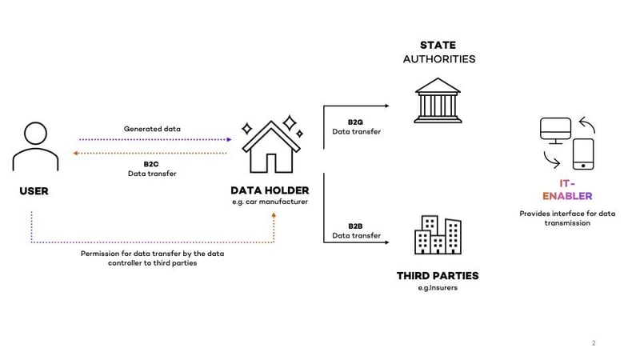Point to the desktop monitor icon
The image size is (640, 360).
coord(554,130)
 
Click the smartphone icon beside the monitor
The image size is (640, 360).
coord(585,154)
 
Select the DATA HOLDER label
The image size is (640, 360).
coord(270,190)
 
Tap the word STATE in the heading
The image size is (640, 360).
coord(438,45)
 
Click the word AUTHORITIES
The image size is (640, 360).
coord(438,59)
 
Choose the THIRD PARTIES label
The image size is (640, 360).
coord(438,276)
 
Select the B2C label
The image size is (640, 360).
coord(152,163)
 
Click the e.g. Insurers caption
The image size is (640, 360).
coord(438,289)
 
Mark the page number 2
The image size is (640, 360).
coord(594,343)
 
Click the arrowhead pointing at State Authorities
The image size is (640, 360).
coord(388,104)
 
